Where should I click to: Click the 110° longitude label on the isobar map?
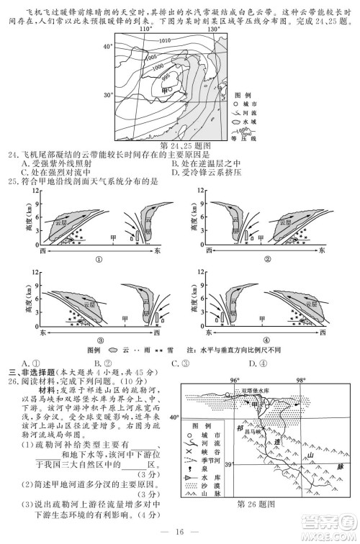[146, 30]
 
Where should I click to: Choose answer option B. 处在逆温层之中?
[214, 163]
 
